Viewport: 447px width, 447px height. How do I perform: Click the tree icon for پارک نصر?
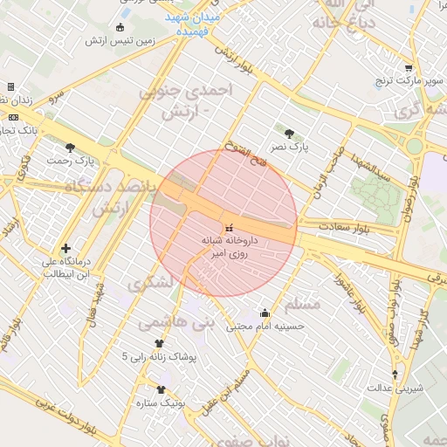(x=289, y=133)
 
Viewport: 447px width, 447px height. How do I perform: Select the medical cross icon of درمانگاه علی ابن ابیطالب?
(x=65, y=248)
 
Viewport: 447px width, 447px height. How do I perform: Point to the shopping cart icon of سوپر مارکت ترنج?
(x=409, y=68)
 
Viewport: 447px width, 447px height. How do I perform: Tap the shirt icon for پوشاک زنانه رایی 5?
(x=159, y=343)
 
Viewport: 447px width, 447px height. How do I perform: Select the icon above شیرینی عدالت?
(x=395, y=375)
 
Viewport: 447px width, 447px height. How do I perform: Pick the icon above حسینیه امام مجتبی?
(x=265, y=313)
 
